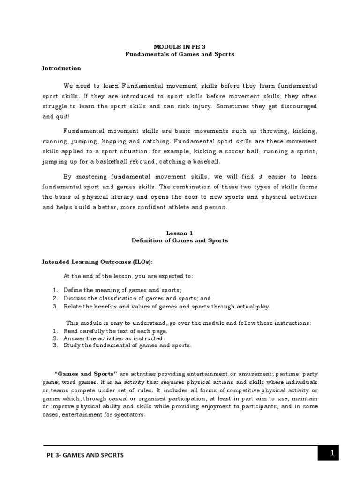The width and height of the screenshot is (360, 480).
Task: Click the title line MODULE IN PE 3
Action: click(180, 47)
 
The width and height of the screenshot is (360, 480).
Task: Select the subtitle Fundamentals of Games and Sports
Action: click(180, 54)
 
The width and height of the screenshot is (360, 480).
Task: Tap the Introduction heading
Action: click(62, 68)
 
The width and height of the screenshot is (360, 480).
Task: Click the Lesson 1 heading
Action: click(180, 233)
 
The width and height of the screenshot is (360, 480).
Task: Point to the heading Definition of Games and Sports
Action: click(180, 240)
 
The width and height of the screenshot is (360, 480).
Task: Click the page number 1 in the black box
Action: click(332, 453)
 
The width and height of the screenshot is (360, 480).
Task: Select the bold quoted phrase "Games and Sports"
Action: click(86, 374)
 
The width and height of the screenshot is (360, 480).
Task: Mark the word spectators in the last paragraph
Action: click(120, 415)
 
